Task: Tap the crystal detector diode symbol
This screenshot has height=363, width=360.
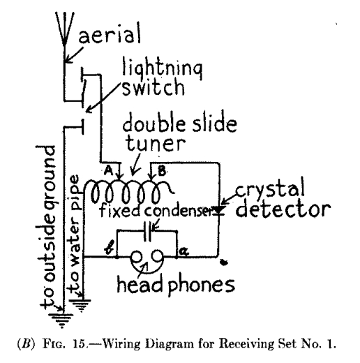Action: tap(220, 207)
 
